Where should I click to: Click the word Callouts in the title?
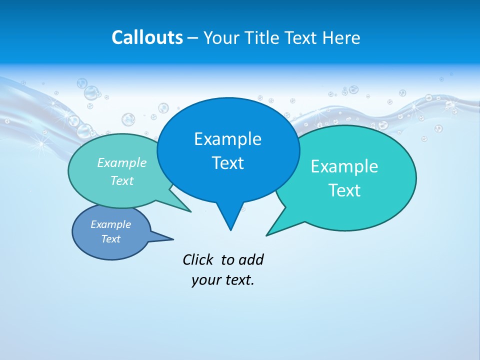147,37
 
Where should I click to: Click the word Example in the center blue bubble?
227,139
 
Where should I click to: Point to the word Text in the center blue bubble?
227,163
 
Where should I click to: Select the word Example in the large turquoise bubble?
344,166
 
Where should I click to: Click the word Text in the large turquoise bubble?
344,190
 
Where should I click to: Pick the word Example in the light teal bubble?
122,163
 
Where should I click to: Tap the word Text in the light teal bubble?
122,180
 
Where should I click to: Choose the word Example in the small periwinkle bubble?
110,224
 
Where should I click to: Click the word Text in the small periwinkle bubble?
110,239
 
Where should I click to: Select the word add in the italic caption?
251,259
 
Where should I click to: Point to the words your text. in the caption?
223,280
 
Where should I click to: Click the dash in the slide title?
193,38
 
